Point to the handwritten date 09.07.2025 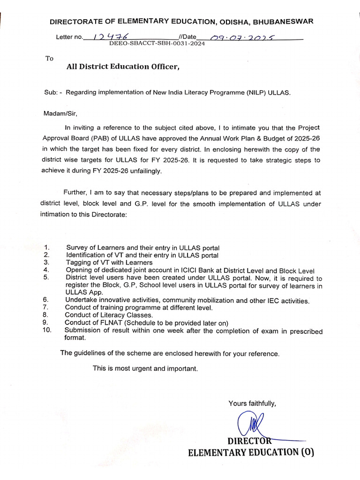coord(238,37)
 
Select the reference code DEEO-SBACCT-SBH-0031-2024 coord(157,43)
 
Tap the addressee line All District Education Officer coord(123,67)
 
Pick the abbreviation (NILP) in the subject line coord(256,92)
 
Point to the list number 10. coord(47,330)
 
